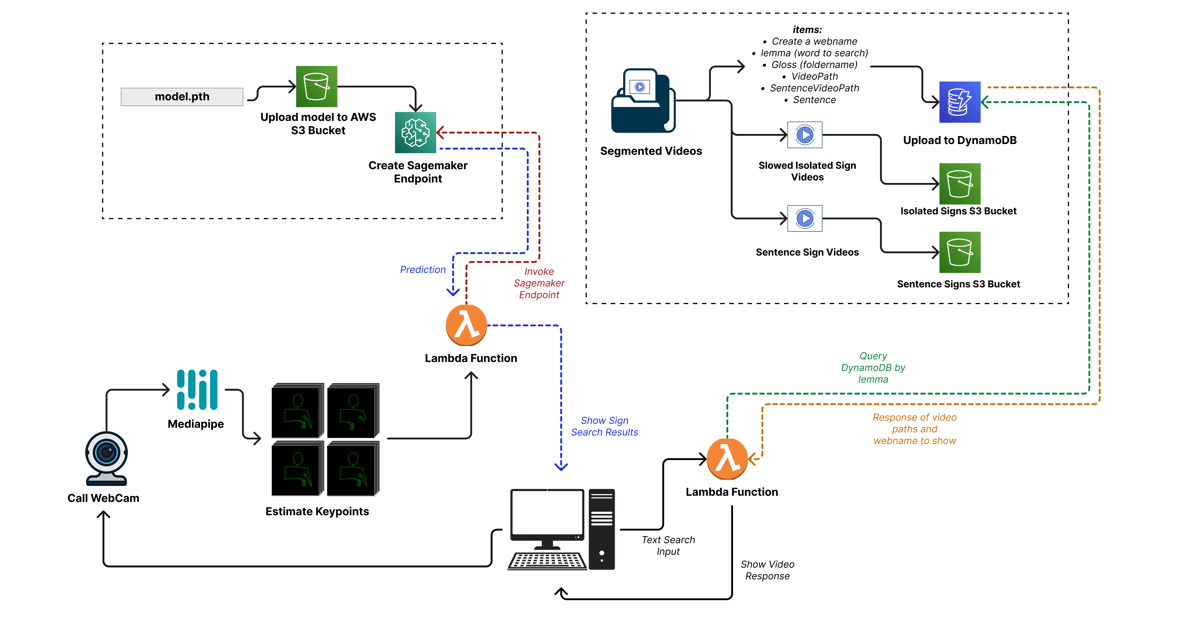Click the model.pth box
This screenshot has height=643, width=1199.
182,97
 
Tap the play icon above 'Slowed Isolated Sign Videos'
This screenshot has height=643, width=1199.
805,135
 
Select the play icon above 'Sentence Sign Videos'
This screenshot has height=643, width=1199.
805,218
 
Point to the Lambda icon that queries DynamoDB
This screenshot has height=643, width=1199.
727,459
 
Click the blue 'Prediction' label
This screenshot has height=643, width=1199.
423,270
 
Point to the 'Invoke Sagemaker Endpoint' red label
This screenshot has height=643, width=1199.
539,283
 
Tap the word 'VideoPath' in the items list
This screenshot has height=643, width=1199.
815,76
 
